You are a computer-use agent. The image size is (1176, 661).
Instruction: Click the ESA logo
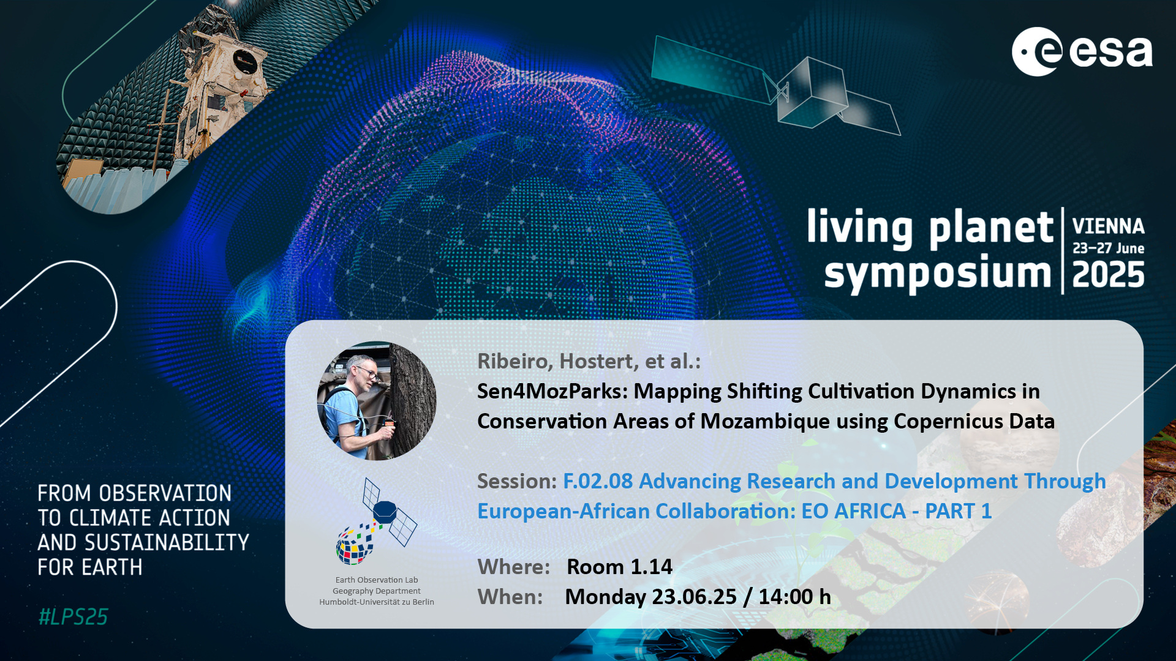[1082, 51]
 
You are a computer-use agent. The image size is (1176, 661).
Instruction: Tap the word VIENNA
[1108, 226]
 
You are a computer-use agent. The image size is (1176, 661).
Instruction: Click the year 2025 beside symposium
[1108, 275]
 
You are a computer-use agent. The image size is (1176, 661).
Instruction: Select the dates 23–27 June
[1108, 248]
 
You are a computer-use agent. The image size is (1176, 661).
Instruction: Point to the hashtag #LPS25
[73, 617]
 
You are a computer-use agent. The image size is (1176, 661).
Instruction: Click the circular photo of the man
[377, 400]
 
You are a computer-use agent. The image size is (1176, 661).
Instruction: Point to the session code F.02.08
[598, 481]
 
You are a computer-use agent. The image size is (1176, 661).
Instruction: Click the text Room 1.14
[619, 567]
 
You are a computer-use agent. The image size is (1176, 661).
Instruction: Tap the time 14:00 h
[794, 597]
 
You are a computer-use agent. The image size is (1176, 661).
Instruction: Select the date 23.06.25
[694, 597]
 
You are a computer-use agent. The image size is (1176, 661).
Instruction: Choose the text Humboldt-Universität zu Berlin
[377, 602]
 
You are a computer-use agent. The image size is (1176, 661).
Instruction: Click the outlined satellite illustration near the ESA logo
[775, 86]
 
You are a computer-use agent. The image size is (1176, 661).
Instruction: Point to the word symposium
[937, 274]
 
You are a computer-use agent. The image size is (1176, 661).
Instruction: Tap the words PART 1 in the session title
[958, 511]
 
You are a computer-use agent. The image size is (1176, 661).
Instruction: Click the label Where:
[513, 567]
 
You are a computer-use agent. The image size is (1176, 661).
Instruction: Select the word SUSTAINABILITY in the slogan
[167, 543]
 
